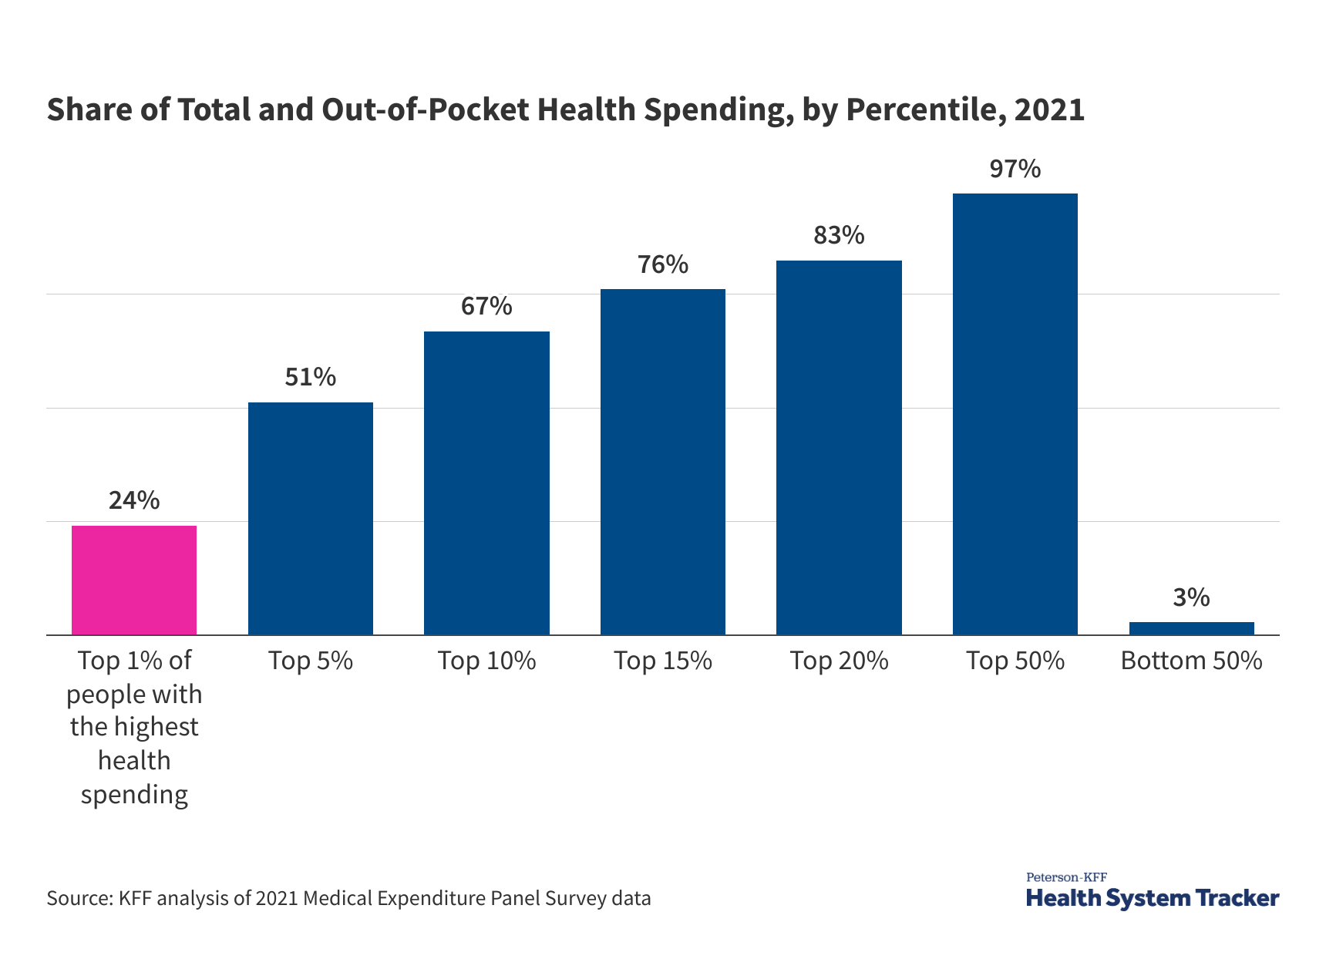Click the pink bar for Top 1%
tap(134, 580)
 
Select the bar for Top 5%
tap(310, 518)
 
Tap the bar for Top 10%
tap(486, 483)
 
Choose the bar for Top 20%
tap(839, 447)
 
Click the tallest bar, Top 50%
tap(1015, 414)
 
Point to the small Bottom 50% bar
tap(1191, 628)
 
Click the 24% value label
tap(134, 500)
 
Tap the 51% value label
tap(310, 377)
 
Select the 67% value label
tap(486, 306)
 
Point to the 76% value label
tap(663, 264)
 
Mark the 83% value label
tap(839, 235)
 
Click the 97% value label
tap(1015, 169)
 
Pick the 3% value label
tap(1191, 597)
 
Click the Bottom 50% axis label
tap(1191, 661)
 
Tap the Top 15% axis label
tap(663, 661)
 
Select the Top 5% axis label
tap(310, 661)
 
